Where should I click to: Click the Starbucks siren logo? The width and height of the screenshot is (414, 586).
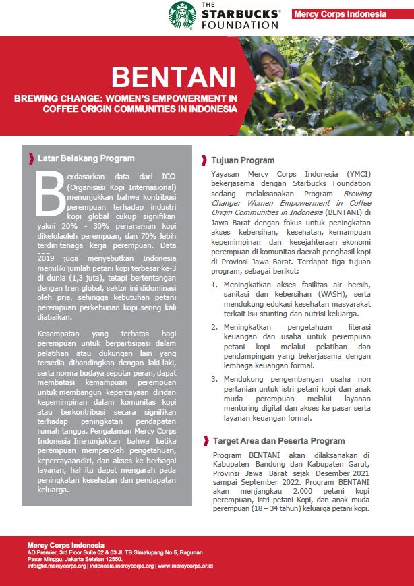tap(183, 16)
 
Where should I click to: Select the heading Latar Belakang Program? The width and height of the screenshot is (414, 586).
tap(86, 158)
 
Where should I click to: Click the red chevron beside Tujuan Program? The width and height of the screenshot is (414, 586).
tap(204, 160)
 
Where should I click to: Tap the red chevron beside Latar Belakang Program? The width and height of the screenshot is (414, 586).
tap(32, 158)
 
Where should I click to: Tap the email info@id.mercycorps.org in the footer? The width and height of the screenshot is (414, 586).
tap(57, 566)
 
